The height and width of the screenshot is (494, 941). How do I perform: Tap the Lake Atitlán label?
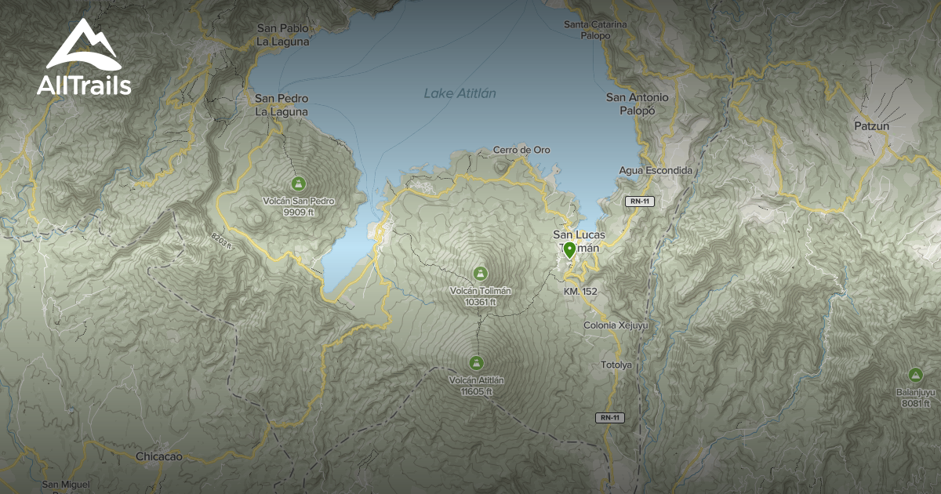click(x=460, y=93)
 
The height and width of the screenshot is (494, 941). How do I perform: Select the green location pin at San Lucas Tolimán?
click(x=569, y=251)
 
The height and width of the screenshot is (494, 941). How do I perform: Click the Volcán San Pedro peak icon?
click(x=297, y=183)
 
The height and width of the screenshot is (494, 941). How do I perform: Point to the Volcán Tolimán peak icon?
click(x=480, y=273)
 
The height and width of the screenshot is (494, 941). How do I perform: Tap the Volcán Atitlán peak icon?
click(x=475, y=362)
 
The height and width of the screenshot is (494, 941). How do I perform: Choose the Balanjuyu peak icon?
click(x=914, y=375)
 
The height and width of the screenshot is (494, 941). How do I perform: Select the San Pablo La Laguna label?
click(x=282, y=35)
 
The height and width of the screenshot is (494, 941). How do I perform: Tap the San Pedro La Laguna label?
click(x=281, y=104)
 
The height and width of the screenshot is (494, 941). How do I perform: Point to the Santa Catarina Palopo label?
click(x=595, y=30)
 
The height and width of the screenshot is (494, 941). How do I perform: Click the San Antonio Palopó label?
click(x=638, y=104)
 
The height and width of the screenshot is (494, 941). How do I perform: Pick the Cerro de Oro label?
click(x=521, y=150)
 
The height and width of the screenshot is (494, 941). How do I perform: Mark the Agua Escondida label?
click(x=656, y=170)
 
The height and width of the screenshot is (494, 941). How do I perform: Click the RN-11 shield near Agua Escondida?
click(x=638, y=202)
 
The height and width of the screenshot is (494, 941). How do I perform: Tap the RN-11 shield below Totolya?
click(x=609, y=417)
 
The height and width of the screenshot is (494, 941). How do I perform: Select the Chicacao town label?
click(x=158, y=456)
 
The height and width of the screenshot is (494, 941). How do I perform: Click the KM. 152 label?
click(x=580, y=292)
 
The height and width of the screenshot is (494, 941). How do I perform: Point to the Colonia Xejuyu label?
click(x=616, y=325)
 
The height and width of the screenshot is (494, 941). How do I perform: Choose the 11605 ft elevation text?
click(x=477, y=391)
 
